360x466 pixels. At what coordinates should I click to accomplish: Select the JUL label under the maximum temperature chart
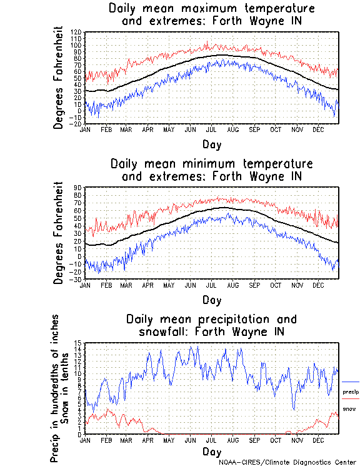click(x=212, y=129)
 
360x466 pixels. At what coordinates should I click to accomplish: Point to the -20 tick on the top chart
click(x=76, y=124)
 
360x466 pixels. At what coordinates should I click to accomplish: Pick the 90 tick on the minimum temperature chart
click(x=78, y=188)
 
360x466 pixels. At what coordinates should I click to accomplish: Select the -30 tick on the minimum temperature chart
click(x=76, y=279)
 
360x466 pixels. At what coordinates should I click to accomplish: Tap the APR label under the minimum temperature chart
click(x=147, y=285)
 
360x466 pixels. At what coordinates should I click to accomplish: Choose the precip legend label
click(x=351, y=392)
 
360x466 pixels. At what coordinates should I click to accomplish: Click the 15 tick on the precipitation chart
click(x=78, y=343)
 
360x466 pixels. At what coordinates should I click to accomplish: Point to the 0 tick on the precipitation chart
click(x=80, y=434)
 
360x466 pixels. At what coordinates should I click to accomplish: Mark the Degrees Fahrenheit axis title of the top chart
click(x=59, y=78)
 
